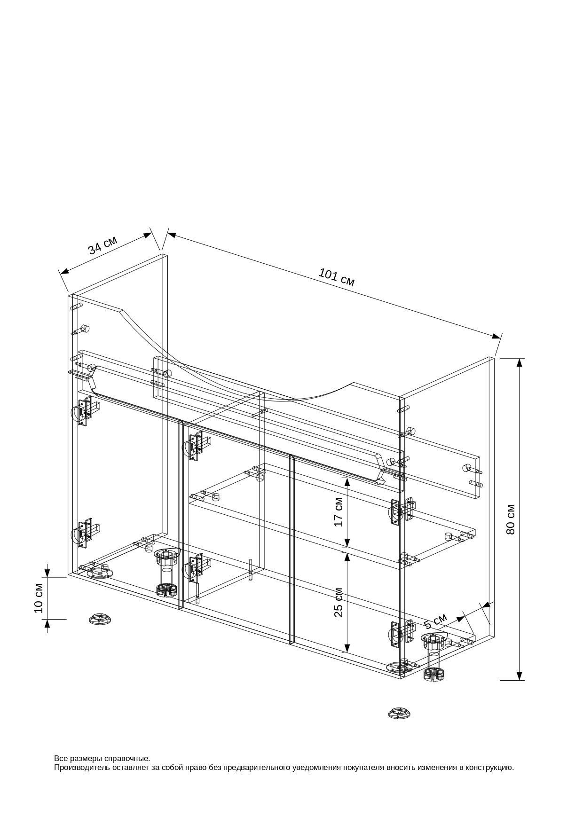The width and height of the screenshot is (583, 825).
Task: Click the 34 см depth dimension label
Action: [102, 245]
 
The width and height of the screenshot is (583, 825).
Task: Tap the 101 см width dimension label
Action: [337, 277]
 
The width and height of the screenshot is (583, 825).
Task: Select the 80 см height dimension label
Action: [511, 519]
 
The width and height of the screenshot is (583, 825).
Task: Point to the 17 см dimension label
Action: [339, 511]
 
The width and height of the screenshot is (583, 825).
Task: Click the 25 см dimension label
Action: [339, 602]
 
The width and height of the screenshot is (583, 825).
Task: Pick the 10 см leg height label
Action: [39, 598]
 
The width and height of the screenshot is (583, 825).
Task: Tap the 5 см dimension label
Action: [435, 621]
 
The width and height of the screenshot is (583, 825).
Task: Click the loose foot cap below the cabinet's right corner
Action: [400, 713]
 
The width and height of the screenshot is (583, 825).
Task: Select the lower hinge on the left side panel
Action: [85, 534]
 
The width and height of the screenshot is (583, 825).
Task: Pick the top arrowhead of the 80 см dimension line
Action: [520, 362]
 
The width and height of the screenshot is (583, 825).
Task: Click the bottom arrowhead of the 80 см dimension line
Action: [520, 676]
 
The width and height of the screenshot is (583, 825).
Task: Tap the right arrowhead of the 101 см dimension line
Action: [496, 336]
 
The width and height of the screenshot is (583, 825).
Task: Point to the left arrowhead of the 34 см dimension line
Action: [64, 271]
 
